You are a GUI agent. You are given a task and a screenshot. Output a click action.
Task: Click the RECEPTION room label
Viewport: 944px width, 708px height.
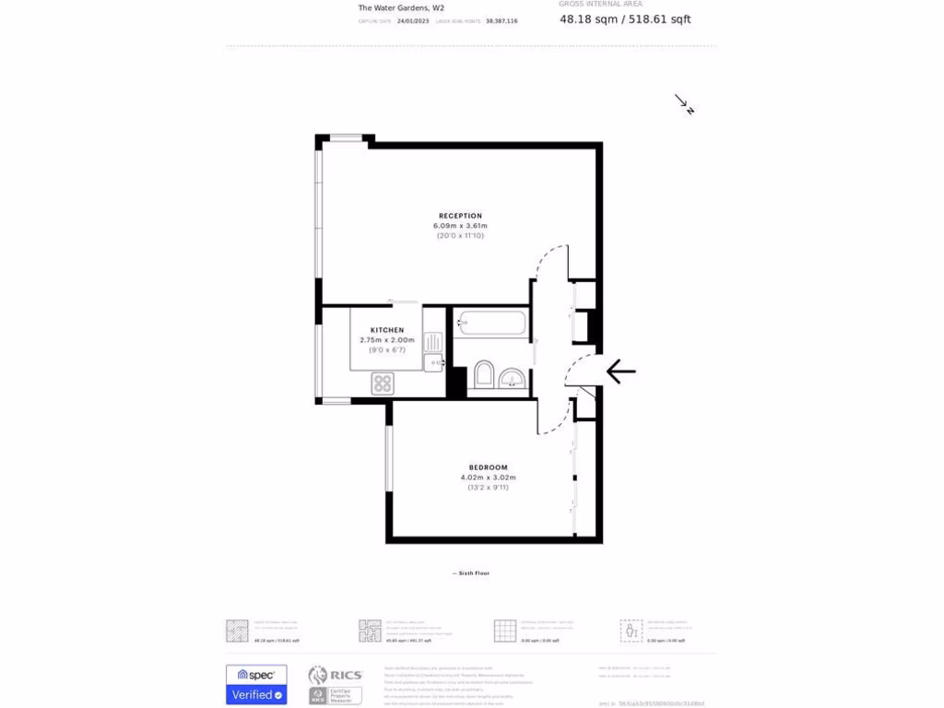[x=460, y=216]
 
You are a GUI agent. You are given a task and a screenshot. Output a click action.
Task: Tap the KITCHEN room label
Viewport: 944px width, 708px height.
[x=387, y=330]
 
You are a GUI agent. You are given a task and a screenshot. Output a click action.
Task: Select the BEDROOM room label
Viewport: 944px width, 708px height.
[x=488, y=467]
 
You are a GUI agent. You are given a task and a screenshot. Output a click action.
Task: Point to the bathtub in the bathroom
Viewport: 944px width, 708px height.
[x=491, y=324]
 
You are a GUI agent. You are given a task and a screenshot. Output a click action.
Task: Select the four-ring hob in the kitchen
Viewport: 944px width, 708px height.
[x=383, y=383]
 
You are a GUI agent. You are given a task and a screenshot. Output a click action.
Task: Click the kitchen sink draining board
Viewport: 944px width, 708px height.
[x=433, y=343]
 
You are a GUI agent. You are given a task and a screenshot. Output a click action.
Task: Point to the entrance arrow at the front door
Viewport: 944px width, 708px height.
[x=620, y=372]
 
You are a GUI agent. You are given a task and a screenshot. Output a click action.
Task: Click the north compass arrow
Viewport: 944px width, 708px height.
[x=684, y=104]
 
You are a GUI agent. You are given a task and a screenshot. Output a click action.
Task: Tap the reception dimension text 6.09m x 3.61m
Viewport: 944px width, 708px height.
[x=460, y=226]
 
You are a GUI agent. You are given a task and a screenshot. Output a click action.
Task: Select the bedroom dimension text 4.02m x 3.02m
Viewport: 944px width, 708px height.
[x=488, y=478]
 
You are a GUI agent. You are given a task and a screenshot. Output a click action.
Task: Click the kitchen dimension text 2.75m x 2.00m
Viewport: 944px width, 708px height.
[x=387, y=340]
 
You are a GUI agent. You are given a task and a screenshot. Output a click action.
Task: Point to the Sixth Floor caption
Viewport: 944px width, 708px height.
[x=471, y=573]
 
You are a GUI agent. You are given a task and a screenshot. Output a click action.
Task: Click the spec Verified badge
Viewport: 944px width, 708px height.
[x=256, y=685]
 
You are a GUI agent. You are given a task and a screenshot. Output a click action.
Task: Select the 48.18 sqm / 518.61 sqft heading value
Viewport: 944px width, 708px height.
[x=625, y=18]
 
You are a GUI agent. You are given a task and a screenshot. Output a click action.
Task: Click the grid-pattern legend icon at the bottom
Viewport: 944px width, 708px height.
[x=504, y=631]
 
